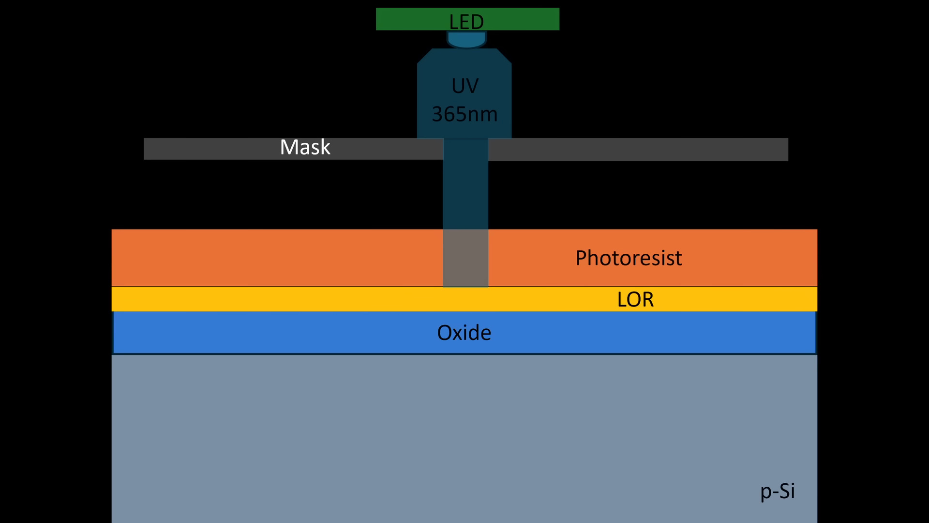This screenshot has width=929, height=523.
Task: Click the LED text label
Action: click(466, 22)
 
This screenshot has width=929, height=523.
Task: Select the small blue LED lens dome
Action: click(466, 40)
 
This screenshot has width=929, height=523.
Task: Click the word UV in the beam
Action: click(464, 86)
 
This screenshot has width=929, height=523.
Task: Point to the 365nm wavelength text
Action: click(464, 114)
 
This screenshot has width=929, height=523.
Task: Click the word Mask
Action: click(305, 147)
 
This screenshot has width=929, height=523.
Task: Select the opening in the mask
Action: click(465, 149)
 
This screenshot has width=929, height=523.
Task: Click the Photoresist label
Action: click(628, 258)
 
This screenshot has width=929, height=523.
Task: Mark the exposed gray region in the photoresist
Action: click(465, 258)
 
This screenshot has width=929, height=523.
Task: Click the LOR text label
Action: click(635, 300)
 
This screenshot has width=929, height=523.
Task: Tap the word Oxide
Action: click(464, 333)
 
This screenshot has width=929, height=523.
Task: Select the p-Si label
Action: click(777, 491)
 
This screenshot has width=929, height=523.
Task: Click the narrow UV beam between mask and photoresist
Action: click(465, 194)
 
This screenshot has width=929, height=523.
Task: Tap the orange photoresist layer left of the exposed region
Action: click(276, 258)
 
